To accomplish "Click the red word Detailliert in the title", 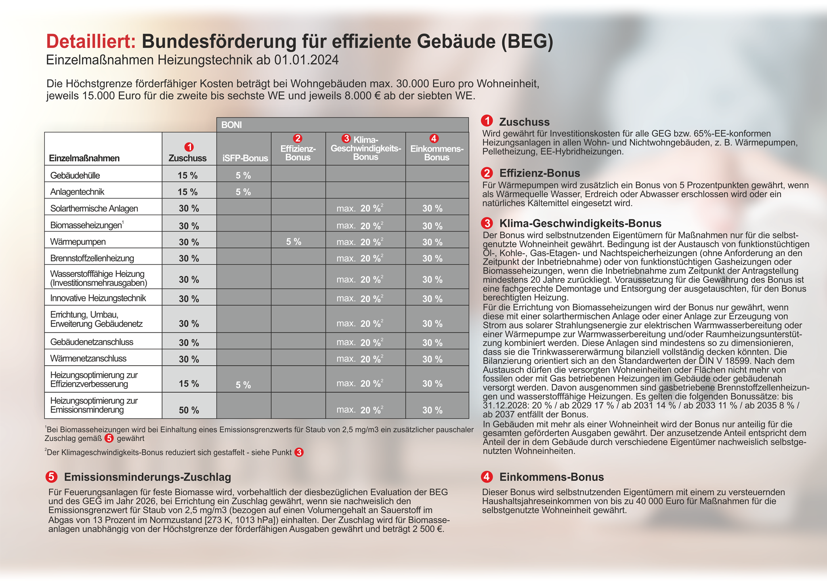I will [x=91, y=42].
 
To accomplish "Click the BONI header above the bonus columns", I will [x=231, y=125].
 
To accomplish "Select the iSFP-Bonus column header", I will [x=245, y=158].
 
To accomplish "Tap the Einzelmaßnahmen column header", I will [x=84, y=158].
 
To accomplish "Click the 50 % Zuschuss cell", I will [x=189, y=410].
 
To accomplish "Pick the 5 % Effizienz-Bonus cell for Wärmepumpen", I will [x=294, y=242].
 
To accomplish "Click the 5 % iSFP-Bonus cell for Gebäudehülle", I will [x=243, y=176].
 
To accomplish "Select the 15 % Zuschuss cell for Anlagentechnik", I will [x=188, y=192].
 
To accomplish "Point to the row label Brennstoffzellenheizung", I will [x=92, y=258].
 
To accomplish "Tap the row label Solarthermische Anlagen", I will [x=94, y=208].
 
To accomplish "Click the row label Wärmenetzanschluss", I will [x=88, y=359].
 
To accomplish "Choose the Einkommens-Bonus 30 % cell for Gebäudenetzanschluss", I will [x=432, y=343].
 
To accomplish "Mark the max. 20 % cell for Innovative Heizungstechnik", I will [x=360, y=299].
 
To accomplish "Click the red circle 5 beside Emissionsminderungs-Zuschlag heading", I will [x=51, y=477].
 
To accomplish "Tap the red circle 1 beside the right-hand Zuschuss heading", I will [x=487, y=121].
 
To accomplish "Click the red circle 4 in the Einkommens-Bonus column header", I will [x=434, y=139].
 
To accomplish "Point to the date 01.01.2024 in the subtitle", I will [x=306, y=60].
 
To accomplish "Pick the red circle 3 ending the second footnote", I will [x=299, y=452].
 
